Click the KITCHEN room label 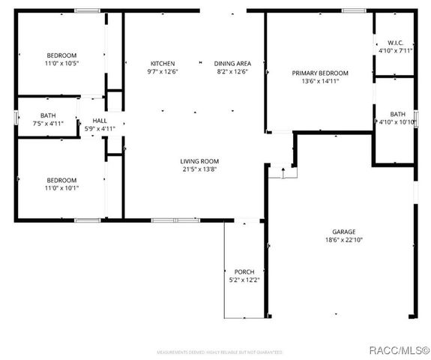pyautogui.click(x=163, y=63)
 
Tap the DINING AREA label pyautogui.click(x=232, y=63)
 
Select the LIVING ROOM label pyautogui.click(x=199, y=161)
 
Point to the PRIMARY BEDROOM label pyautogui.click(x=320, y=73)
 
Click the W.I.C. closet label pyautogui.click(x=395, y=43)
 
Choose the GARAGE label pyautogui.click(x=344, y=232)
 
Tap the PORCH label pyautogui.click(x=244, y=271)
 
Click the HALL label pyautogui.click(x=99, y=120)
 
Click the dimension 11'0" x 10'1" pyautogui.click(x=62, y=189)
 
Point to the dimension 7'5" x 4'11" pyautogui.click(x=48, y=124)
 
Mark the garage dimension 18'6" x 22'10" pyautogui.click(x=344, y=241)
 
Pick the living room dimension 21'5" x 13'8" pyautogui.click(x=199, y=170)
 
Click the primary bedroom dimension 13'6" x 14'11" pyautogui.click(x=320, y=82)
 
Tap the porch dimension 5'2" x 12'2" pyautogui.click(x=244, y=280)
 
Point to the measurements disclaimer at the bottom pyautogui.click(x=219, y=352)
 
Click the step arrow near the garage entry pyautogui.click(x=283, y=171)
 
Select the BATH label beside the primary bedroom pyautogui.click(x=397, y=114)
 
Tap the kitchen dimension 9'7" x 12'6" pyautogui.click(x=163, y=72)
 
